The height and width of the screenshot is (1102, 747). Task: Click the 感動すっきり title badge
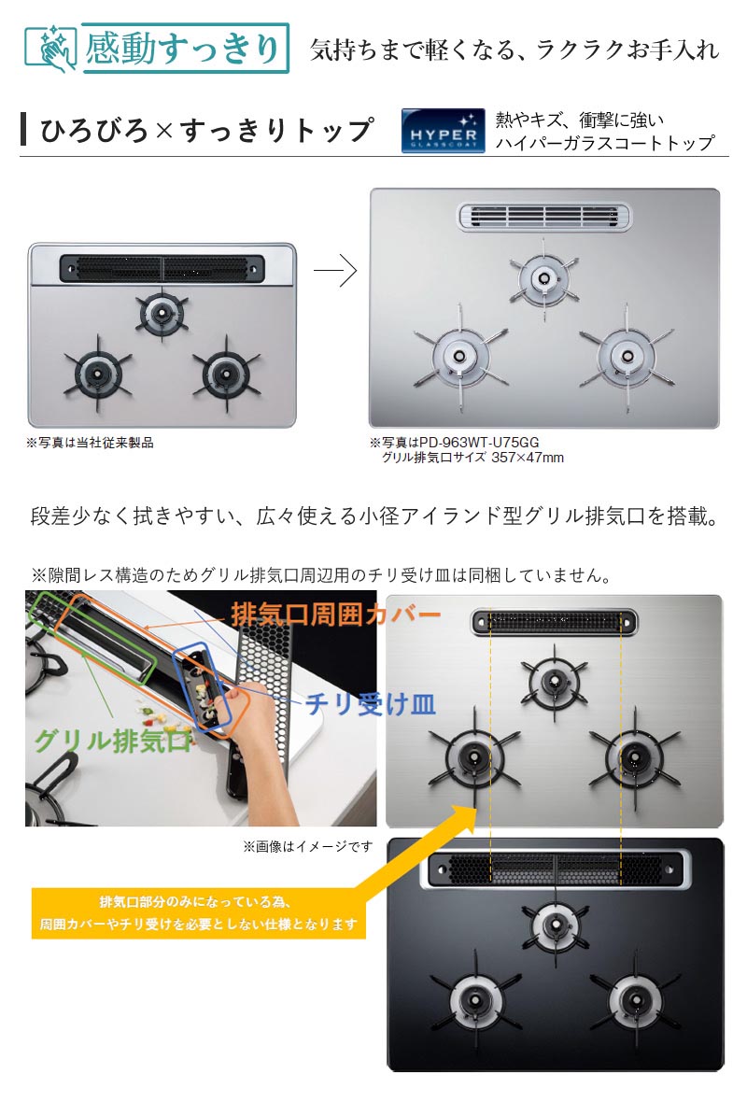182,49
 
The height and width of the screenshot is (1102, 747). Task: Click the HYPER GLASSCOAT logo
443,130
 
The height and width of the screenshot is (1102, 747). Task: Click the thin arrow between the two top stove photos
335,272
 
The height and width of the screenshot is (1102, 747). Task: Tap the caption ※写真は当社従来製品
90,443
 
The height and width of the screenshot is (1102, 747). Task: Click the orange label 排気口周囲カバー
335,615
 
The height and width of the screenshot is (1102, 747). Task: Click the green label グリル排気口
113,742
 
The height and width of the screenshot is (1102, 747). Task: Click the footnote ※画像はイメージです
307,847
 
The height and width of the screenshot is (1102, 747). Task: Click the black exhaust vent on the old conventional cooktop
162,268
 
